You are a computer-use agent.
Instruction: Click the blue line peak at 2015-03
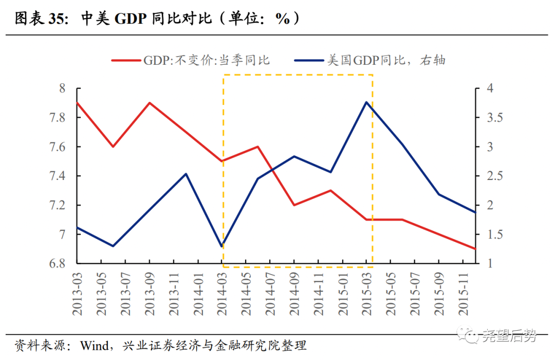366,102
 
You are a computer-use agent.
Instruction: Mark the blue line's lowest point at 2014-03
222,246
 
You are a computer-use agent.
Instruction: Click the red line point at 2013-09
150,103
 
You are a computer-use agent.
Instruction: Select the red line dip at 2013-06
113,147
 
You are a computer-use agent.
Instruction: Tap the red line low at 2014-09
294,205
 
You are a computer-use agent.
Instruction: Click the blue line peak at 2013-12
186,174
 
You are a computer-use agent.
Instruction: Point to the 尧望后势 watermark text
509,336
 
